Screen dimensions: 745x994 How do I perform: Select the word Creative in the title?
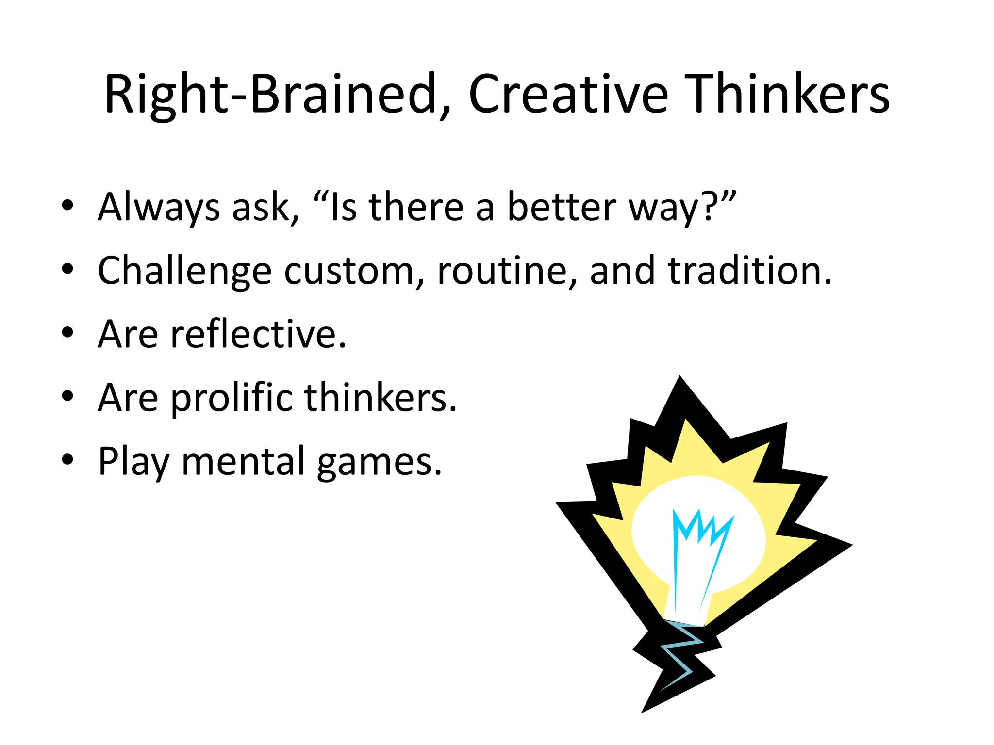click(568, 95)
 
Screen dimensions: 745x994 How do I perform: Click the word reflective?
click(253, 335)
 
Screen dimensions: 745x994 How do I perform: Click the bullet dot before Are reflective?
click(67, 333)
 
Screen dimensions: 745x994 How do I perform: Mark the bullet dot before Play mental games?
click(67, 459)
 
